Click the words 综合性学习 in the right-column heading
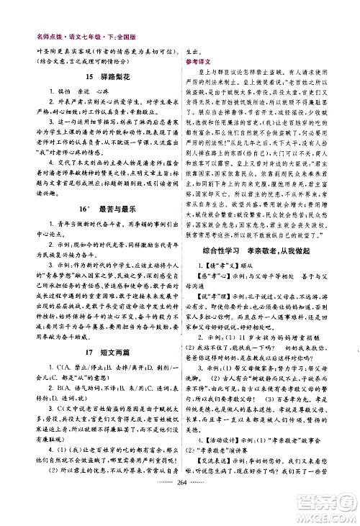(222, 269)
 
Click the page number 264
(180, 516)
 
